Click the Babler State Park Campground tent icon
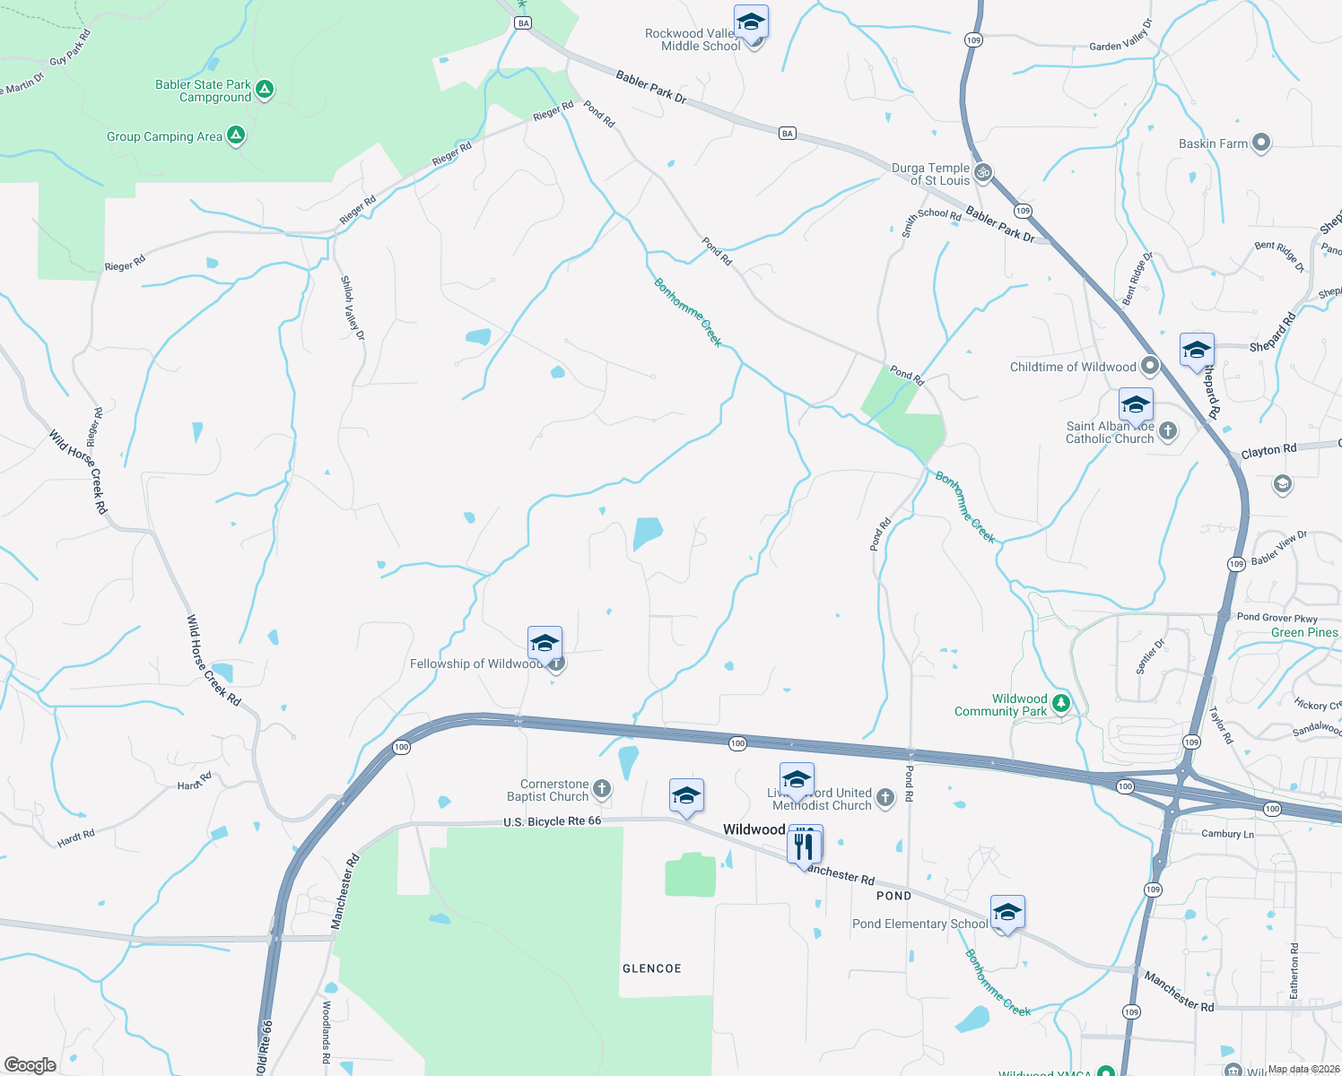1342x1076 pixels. (x=264, y=90)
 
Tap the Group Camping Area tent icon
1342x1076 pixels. (x=236, y=136)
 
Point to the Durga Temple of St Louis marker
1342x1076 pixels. (x=983, y=173)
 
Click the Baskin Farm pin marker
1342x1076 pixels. (x=1261, y=143)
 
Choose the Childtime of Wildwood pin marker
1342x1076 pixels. (x=1150, y=367)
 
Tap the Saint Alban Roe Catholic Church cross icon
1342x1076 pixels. (x=1168, y=432)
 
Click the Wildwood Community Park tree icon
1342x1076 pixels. (x=1061, y=704)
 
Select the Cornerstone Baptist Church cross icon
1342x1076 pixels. (x=602, y=790)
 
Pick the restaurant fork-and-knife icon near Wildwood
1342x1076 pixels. (x=805, y=846)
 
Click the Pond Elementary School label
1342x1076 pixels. (x=919, y=924)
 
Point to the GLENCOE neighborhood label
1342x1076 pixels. (x=652, y=968)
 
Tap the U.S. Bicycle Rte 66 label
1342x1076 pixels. (x=552, y=821)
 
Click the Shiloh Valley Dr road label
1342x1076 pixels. (x=353, y=308)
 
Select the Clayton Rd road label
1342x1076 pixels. (x=1268, y=450)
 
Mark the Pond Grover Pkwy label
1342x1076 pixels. (x=1277, y=618)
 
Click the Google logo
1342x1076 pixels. (x=30, y=1065)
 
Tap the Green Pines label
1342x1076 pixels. (x=1304, y=632)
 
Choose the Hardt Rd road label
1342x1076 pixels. (x=75, y=839)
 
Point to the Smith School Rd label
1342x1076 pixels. (x=931, y=219)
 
